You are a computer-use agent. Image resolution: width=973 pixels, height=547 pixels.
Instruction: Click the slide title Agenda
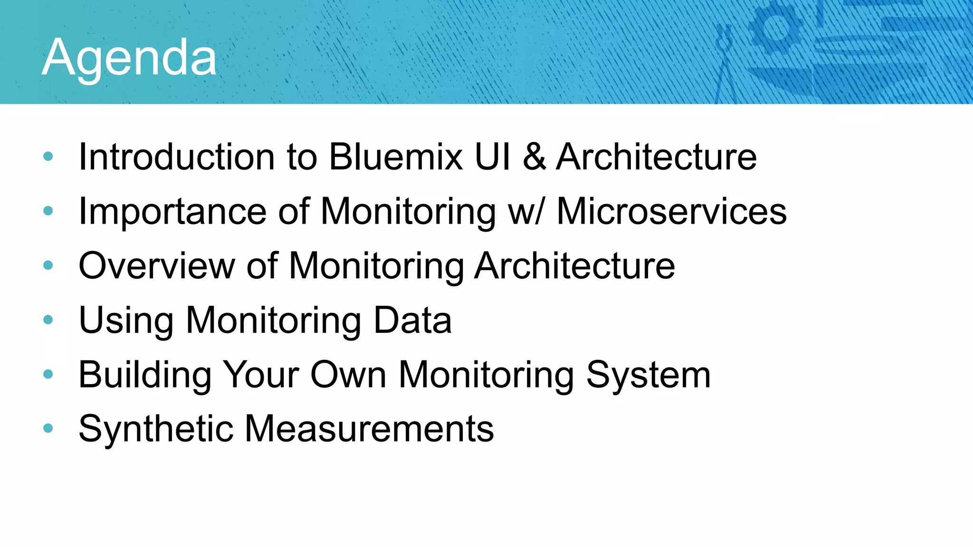(129, 58)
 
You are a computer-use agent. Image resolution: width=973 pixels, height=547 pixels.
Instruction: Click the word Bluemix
(396, 157)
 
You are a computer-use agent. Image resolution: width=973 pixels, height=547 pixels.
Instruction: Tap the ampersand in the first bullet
(534, 157)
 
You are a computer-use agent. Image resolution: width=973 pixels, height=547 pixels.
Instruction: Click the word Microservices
(671, 211)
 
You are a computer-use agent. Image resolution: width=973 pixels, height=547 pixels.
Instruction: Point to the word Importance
(172, 211)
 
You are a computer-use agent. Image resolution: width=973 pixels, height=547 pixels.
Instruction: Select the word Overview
(157, 266)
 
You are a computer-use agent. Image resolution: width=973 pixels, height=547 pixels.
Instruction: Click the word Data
(412, 320)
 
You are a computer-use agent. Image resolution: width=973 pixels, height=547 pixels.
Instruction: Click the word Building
(145, 375)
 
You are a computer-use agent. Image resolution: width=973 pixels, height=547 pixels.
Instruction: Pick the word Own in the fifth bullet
(348, 375)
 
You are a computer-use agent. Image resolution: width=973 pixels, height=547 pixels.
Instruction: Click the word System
(648, 375)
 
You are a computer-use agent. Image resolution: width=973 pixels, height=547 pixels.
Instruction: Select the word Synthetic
(156, 429)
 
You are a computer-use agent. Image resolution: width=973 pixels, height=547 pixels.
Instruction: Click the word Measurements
(369, 429)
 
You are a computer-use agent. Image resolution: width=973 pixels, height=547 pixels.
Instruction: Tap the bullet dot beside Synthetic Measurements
(48, 428)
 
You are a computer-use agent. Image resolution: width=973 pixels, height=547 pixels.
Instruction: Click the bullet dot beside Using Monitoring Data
(48, 320)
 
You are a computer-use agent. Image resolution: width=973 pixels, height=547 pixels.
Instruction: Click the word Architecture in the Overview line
(574, 266)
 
